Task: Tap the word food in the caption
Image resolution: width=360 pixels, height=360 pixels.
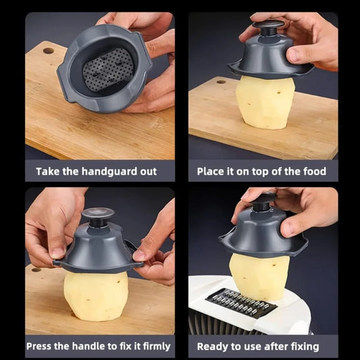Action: (315, 172)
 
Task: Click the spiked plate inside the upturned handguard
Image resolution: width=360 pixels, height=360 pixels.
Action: (108, 70)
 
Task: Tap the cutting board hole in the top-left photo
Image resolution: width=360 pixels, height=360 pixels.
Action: (49, 51)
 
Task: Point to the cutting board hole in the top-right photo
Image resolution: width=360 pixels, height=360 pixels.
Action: (221, 82)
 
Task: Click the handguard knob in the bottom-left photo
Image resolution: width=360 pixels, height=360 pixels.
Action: (98, 216)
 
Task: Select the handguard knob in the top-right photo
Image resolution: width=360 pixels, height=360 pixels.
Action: (269, 26)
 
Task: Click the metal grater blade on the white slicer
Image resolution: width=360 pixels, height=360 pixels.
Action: (241, 303)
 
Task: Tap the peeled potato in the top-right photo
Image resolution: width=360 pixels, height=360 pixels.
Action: (265, 103)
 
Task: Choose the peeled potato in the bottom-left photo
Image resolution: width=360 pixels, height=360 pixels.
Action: (96, 297)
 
